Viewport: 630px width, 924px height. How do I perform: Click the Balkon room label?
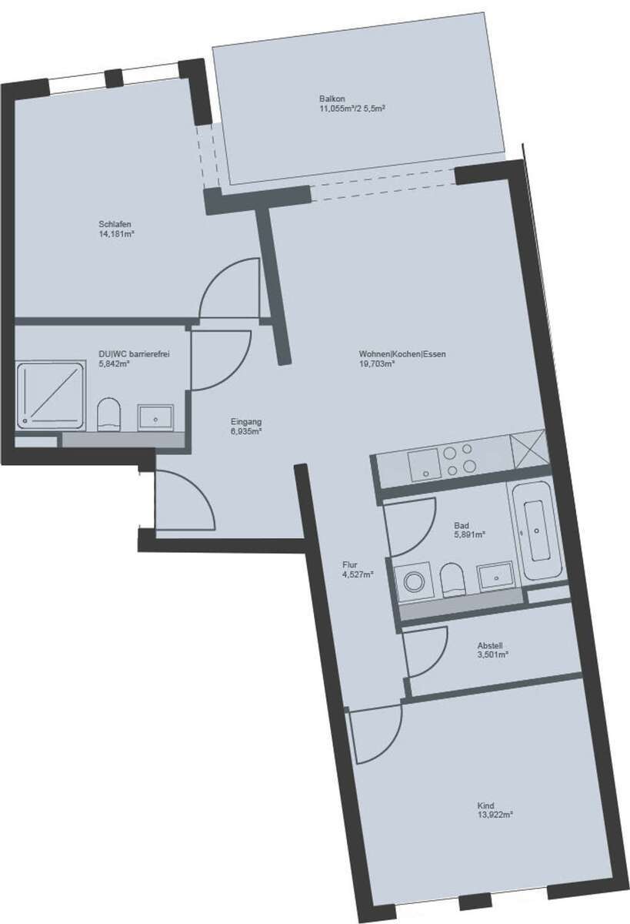click(x=332, y=99)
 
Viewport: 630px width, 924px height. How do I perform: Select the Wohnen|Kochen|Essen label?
click(x=402, y=354)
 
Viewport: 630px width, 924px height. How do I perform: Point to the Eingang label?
click(x=246, y=421)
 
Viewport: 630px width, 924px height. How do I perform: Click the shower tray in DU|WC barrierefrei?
click(x=51, y=397)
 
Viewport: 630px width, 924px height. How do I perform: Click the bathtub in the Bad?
click(x=536, y=532)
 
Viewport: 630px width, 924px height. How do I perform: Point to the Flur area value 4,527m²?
click(x=358, y=574)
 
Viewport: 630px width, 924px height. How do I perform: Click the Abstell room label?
click(x=492, y=646)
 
